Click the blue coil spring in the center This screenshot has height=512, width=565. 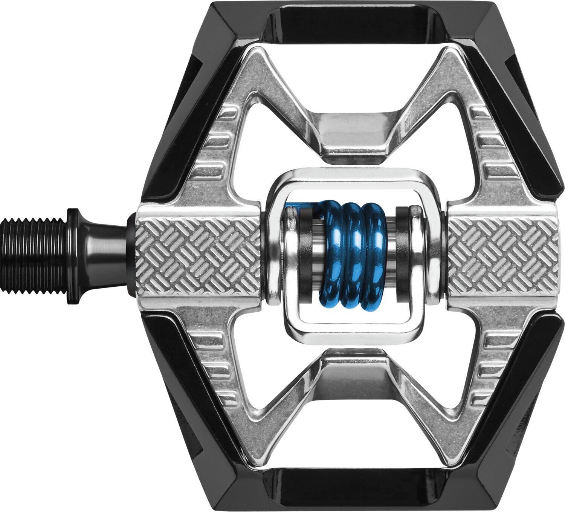[x=354, y=256]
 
